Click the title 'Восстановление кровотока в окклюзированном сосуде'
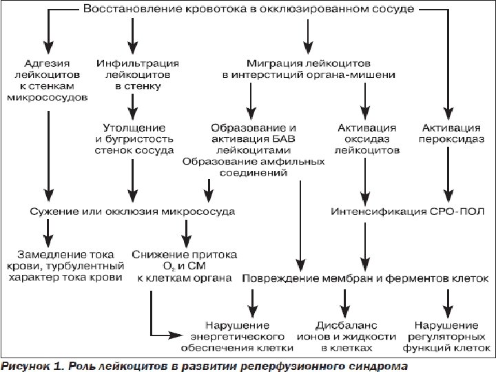(249, 10)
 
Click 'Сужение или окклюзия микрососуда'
(131, 211)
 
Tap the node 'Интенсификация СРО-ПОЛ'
(408, 211)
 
